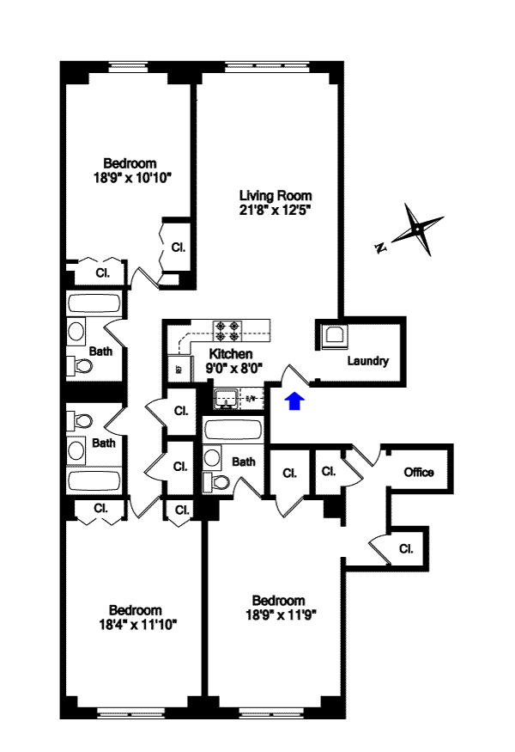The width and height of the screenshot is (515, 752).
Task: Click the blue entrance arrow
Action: [x=294, y=400]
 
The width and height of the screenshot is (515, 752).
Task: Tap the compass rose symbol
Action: [x=416, y=229]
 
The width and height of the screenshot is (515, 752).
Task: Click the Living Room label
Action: [x=275, y=195]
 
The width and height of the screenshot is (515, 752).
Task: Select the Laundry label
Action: [x=367, y=361]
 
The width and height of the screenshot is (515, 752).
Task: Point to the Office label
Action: [x=419, y=472]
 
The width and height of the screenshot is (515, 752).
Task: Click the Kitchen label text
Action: [x=231, y=353]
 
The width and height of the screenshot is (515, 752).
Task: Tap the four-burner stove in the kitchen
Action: [x=230, y=331]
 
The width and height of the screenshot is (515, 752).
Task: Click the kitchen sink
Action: [x=228, y=398]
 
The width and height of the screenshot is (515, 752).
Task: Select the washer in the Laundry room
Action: [x=332, y=335]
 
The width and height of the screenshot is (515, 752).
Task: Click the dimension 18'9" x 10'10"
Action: [x=130, y=178]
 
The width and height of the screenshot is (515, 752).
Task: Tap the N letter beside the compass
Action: [x=379, y=248]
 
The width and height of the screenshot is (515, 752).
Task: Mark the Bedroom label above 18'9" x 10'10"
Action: [x=130, y=163]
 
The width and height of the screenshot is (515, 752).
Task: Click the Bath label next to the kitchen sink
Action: [x=244, y=462]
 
